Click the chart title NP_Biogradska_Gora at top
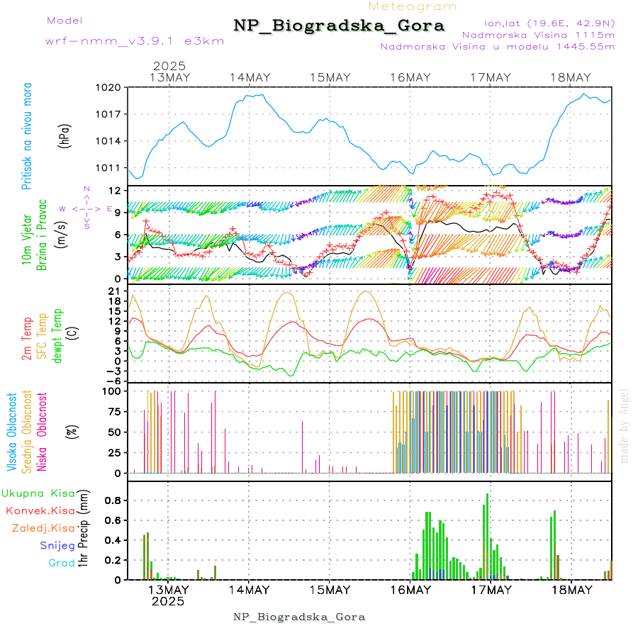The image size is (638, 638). pos(339,26)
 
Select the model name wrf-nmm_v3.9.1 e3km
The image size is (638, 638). pos(135,40)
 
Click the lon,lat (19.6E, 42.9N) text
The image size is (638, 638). pos(549,22)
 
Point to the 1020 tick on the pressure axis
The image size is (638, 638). pos(112,87)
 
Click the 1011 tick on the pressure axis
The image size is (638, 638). pos(112,168)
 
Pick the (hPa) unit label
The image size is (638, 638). pos(65,135)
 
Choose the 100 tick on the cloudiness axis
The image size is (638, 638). pos(113,391)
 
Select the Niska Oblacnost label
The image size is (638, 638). pos(42,431)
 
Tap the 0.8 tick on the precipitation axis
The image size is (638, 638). pos(113,500)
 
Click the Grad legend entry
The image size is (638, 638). pos(61,563)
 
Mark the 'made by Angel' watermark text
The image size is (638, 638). pos(625,425)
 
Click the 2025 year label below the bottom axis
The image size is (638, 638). pos(168,601)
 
